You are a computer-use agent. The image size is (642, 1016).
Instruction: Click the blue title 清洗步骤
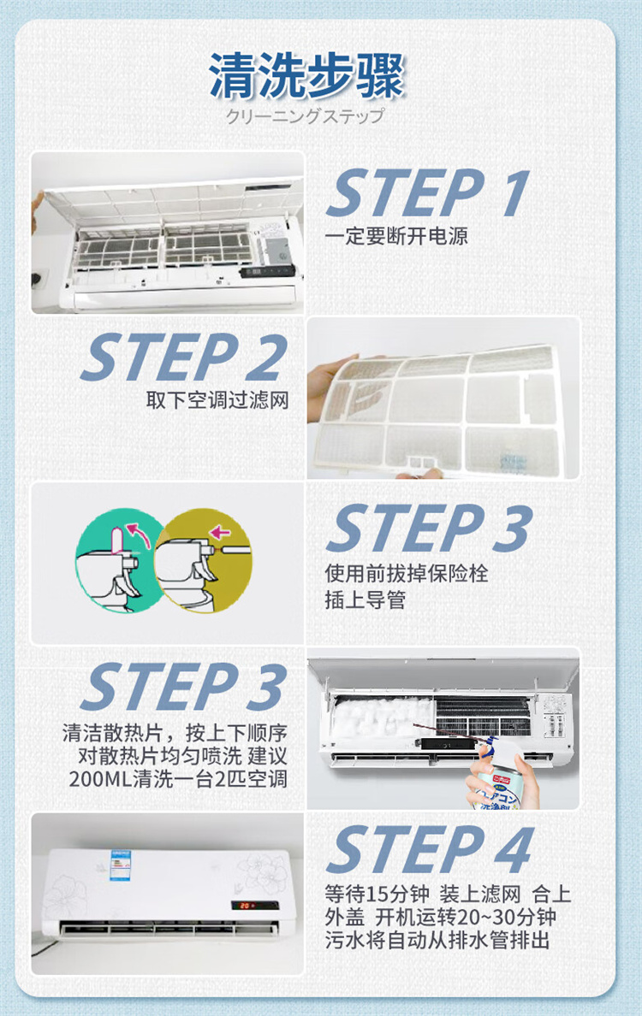coord(306,75)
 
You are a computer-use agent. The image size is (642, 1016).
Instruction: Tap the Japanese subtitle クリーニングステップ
coord(306,116)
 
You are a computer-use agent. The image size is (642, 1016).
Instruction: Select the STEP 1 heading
coord(428,192)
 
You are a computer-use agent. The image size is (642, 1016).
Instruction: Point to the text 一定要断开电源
coord(396,235)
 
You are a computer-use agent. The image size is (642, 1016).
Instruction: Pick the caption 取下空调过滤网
coord(217,399)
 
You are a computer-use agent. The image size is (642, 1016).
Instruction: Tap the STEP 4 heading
coord(430,849)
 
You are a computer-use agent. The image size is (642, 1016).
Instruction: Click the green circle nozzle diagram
coord(119,560)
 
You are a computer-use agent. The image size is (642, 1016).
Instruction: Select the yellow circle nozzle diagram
coord(203,560)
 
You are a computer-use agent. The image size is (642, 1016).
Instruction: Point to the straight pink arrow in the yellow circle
coord(220,533)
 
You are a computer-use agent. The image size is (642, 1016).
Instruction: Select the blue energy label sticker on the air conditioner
coord(120,865)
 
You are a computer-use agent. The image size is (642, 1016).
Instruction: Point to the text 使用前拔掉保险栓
coord(406,573)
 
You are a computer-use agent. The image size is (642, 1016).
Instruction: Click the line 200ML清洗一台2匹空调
coord(178,778)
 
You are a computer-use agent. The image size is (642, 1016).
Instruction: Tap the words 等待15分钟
coord(377,895)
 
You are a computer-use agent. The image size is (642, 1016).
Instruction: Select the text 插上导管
coord(366,600)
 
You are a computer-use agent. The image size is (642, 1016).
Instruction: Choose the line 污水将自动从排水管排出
coord(437,940)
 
